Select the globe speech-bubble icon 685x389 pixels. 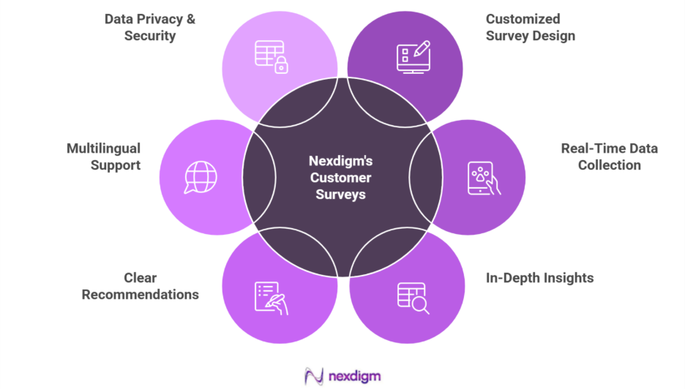pos(200,177)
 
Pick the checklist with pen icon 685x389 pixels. pos(271,298)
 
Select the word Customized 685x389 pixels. pos(523,19)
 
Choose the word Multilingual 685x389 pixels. pos(103,148)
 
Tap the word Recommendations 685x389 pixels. pos(140,295)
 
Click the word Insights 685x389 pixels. pos(566,278)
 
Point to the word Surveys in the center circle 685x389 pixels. pos(340,194)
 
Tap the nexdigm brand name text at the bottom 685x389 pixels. pos(354,377)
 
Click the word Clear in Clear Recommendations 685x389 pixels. pos(140,278)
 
